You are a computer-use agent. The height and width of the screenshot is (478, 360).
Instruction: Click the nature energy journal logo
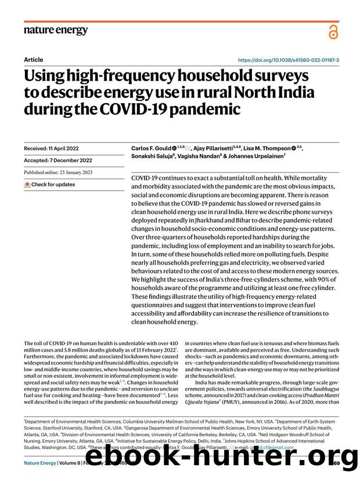pyautogui.click(x=56, y=30)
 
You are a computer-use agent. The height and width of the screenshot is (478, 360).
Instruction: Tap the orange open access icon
pyautogui.click(x=333, y=32)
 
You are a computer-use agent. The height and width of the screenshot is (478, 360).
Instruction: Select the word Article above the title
pyautogui.click(x=33, y=60)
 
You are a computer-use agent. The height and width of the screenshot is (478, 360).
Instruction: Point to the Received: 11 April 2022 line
pyautogui.click(x=51, y=149)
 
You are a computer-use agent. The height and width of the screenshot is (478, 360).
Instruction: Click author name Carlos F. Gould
pyautogui.click(x=153, y=149)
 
